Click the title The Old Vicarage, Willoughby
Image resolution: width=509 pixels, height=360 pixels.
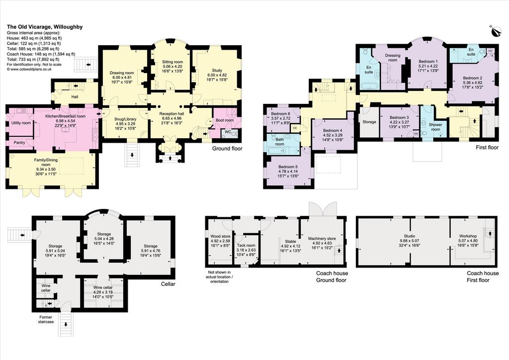pyautogui.click(x=45, y=27)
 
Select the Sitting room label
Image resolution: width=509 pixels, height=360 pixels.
pyautogui.click(x=172, y=62)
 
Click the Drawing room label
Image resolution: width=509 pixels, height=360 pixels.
pyautogui.click(x=122, y=73)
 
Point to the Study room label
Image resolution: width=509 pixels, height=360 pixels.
pyautogui.click(x=217, y=71)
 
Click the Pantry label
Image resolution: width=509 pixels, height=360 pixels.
pyautogui.click(x=19, y=143)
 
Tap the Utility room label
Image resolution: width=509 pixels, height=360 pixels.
pyautogui.click(x=21, y=123)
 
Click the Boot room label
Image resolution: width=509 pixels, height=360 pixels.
pyautogui.click(x=225, y=120)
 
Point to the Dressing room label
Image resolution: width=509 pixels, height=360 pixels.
pyautogui.click(x=393, y=58)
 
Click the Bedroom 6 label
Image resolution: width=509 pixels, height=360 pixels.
pyautogui.click(x=280, y=114)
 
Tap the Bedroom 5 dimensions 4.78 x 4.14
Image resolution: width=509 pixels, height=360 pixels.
pyautogui.click(x=288, y=172)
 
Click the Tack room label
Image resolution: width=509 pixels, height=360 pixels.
pyautogui.click(x=246, y=246)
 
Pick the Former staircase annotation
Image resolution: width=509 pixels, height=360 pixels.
pyautogui.click(x=45, y=319)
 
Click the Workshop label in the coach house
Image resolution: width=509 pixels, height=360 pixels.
pyautogui.click(x=468, y=236)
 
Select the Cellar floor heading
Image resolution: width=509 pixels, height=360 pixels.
pyautogui.click(x=168, y=284)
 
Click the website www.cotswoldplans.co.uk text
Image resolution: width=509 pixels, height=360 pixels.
pyautogui.click(x=29, y=69)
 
